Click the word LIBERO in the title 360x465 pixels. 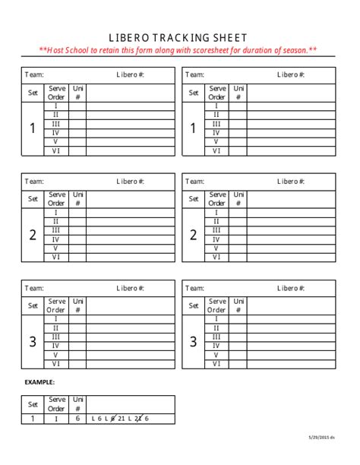click(x=131, y=38)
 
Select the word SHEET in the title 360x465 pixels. click(x=229, y=38)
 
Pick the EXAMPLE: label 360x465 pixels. click(x=39, y=382)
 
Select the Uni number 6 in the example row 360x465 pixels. click(x=77, y=418)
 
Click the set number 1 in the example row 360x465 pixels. click(x=33, y=418)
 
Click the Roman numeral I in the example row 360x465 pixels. click(x=56, y=418)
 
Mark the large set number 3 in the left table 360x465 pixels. click(x=33, y=342)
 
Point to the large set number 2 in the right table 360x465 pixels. click(x=193, y=235)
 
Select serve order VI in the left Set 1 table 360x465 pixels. click(x=56, y=150)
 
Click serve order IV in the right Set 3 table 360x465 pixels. click(x=216, y=346)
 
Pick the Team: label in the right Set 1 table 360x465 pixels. click(x=194, y=74)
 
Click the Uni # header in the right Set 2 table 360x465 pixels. click(x=238, y=199)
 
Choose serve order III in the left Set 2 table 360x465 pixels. click(x=56, y=230)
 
